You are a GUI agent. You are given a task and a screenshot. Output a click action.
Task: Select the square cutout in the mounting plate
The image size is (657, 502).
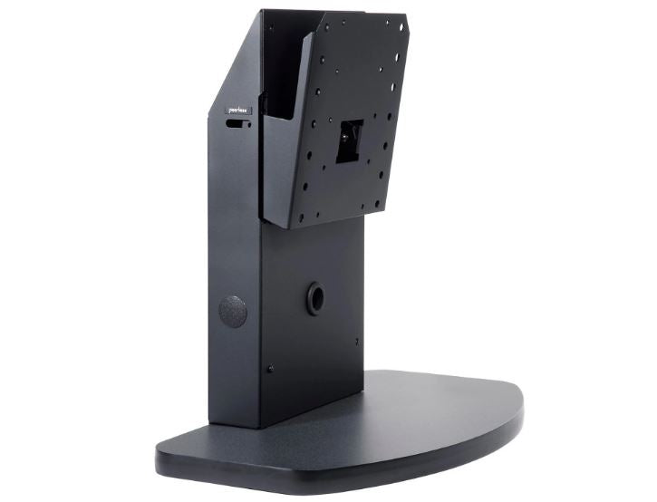point(351,141)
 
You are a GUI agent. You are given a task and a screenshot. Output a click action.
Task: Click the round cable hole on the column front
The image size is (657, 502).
point(315,296)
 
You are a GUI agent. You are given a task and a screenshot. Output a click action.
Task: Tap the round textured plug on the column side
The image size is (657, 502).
point(232,311)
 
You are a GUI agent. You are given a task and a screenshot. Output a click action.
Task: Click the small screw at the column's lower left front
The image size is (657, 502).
point(270,369)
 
